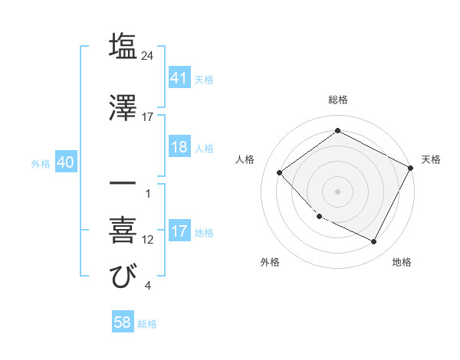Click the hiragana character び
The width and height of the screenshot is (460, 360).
coord(123,277)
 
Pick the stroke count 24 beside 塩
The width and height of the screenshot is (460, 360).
coord(149,56)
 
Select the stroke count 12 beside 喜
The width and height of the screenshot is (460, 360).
coord(149,240)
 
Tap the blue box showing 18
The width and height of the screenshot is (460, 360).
coord(179,147)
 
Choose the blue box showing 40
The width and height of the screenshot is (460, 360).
coord(65,163)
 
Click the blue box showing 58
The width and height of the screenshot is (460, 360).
coord(123,322)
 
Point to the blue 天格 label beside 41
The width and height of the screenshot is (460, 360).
coord(204,79)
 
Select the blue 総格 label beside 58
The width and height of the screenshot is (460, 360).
coord(147,324)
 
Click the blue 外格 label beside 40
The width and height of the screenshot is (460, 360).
coord(41,164)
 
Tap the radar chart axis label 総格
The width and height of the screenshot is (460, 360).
coord(337,100)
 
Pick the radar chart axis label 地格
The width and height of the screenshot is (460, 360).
coord(402,263)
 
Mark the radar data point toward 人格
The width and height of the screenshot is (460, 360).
coord(280,172)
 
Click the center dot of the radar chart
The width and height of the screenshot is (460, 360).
coord(337,191)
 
